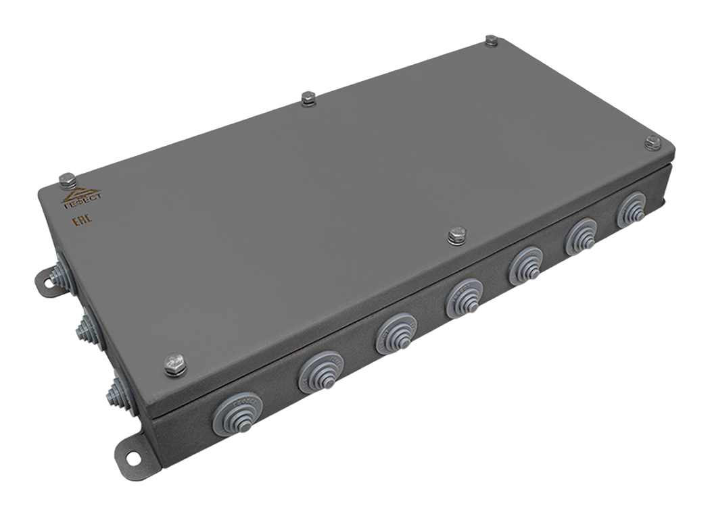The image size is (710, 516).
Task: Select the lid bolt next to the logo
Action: (x=66, y=179)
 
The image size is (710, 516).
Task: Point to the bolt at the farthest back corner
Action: (x=492, y=41)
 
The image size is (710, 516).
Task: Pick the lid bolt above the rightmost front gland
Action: (x=652, y=141)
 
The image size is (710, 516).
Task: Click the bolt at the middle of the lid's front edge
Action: (x=456, y=235)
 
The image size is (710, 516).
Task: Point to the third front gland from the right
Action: (x=527, y=265)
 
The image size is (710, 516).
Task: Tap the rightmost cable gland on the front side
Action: (x=633, y=210)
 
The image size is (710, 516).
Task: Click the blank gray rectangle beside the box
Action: (x=561, y=459)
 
